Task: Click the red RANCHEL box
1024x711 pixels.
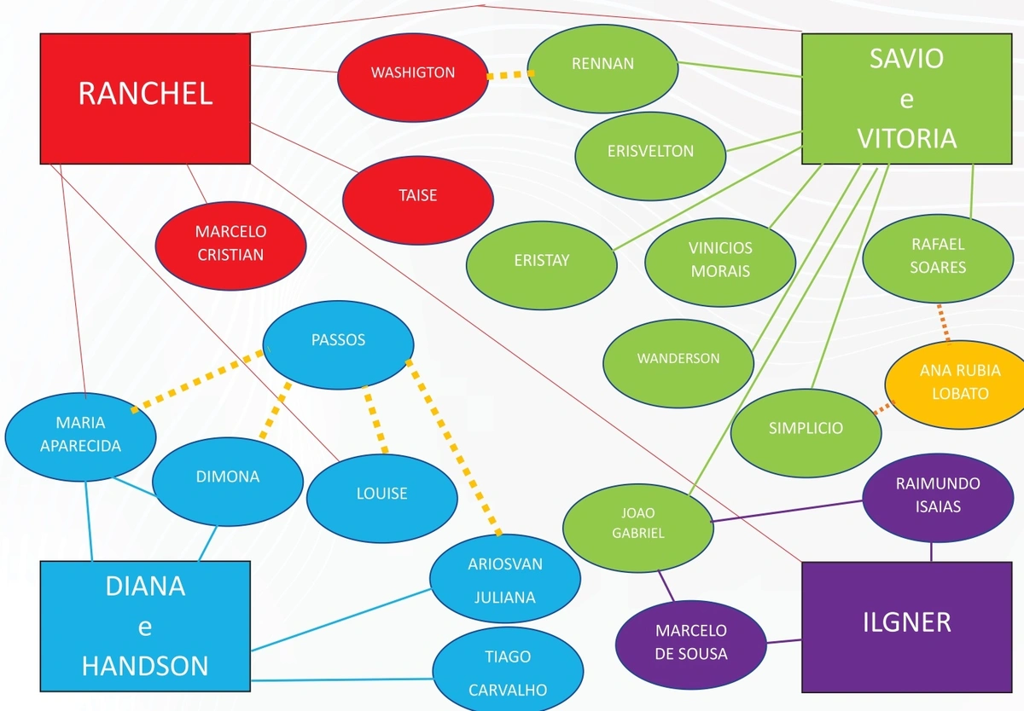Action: click(145, 98)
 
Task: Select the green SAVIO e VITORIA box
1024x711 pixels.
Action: click(906, 98)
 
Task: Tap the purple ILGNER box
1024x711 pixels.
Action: click(906, 627)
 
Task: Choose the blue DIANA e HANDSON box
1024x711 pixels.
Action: click(145, 627)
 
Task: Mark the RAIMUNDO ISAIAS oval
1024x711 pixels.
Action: click(938, 495)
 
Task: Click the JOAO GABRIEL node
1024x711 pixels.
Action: click(638, 523)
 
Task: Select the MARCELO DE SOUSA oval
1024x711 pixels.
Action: click(690, 642)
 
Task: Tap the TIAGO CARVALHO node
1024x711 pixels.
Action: click(508, 672)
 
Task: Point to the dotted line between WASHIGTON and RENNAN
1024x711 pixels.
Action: click(508, 75)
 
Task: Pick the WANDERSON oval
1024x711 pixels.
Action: click(678, 359)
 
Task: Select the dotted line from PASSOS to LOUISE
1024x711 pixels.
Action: click(375, 419)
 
